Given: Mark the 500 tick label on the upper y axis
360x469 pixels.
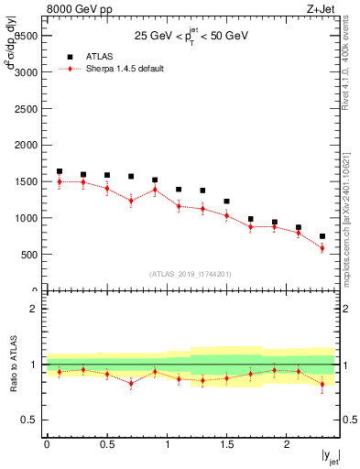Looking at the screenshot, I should tap(29, 255).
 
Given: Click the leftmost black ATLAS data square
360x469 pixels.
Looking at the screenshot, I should tap(60, 171).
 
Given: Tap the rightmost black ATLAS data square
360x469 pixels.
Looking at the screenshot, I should tap(322, 236).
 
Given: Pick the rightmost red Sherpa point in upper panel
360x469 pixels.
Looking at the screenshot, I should tap(322, 248).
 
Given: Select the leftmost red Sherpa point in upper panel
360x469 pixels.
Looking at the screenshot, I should tap(60, 181).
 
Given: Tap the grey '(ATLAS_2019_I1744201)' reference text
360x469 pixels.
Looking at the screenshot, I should tap(191, 273).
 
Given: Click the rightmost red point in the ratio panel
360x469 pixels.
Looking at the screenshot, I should tap(322, 384).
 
